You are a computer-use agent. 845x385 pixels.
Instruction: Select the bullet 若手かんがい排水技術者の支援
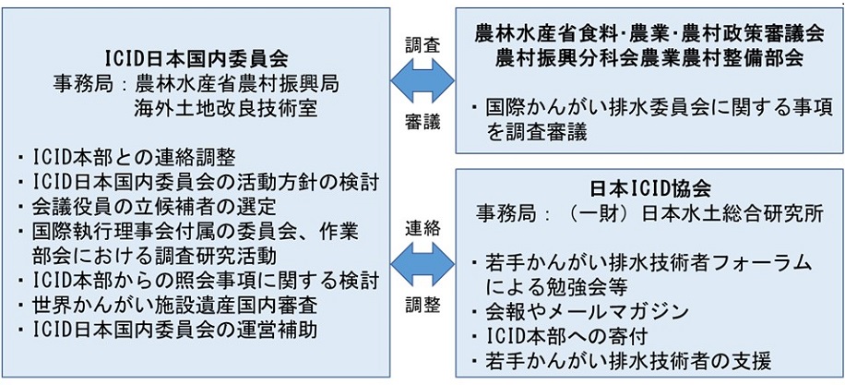coord(626,356)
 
